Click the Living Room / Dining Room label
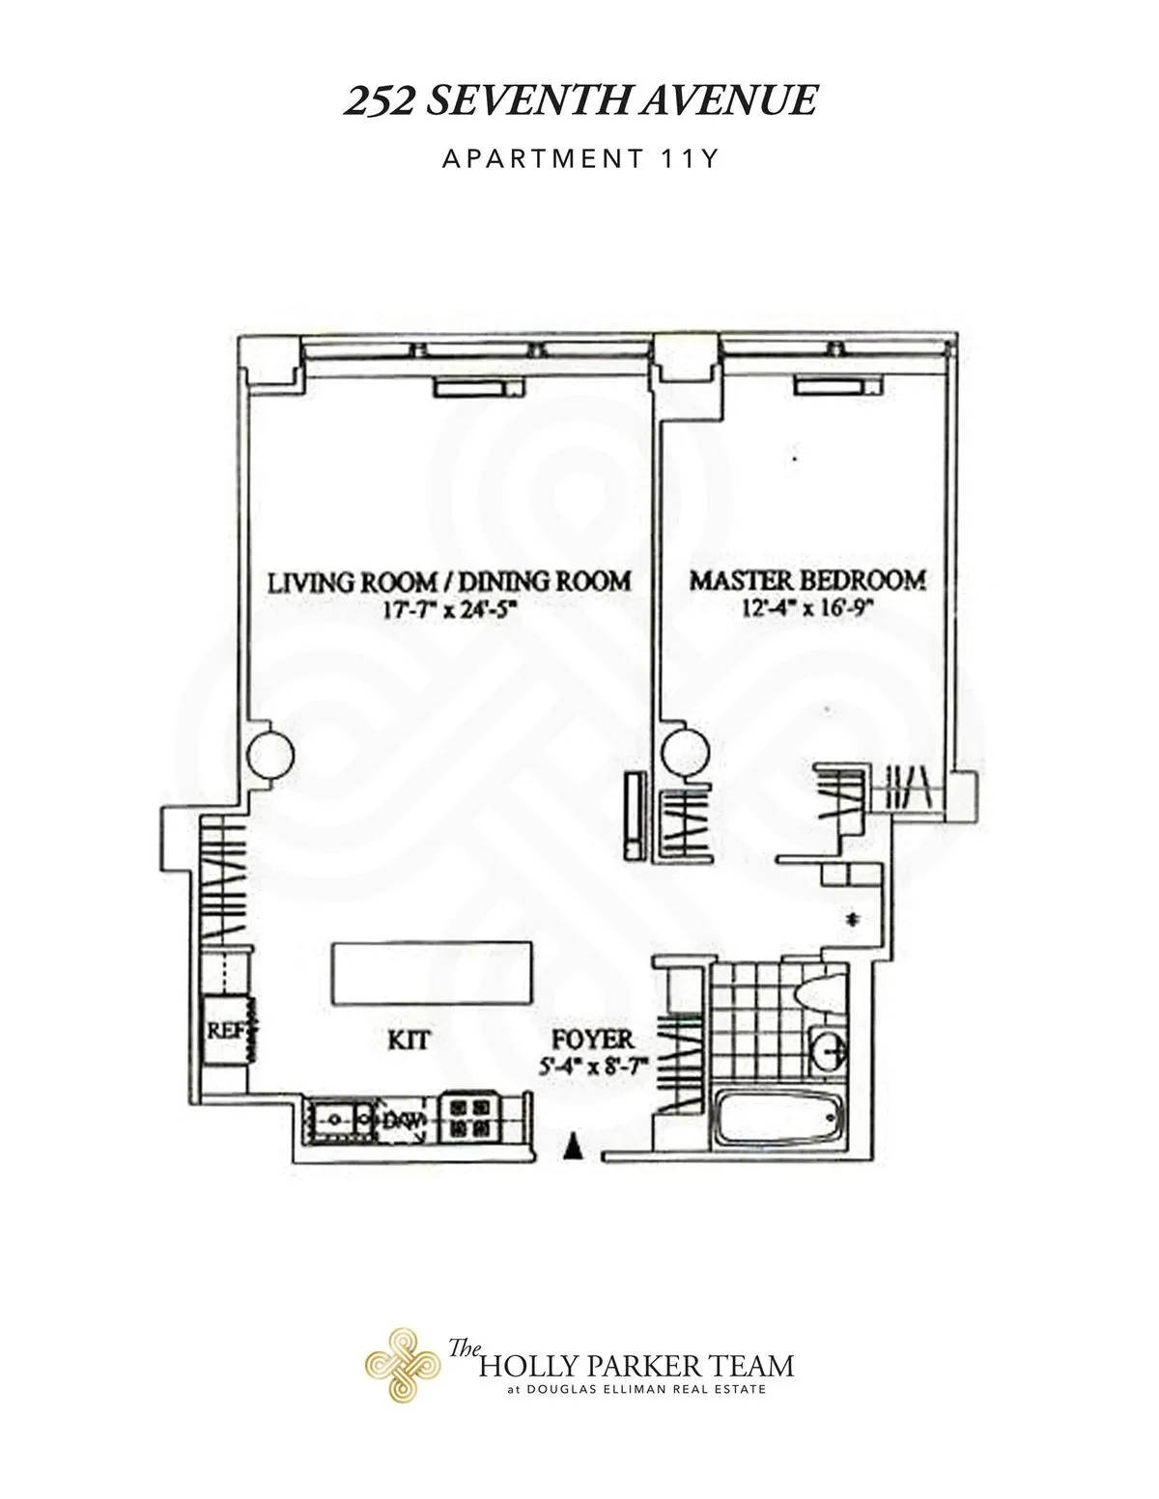pyautogui.click(x=449, y=581)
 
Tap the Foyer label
pyautogui.click(x=592, y=1040)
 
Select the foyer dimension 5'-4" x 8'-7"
pyautogui.click(x=592, y=1066)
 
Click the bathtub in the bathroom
pyautogui.click(x=778, y=1121)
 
